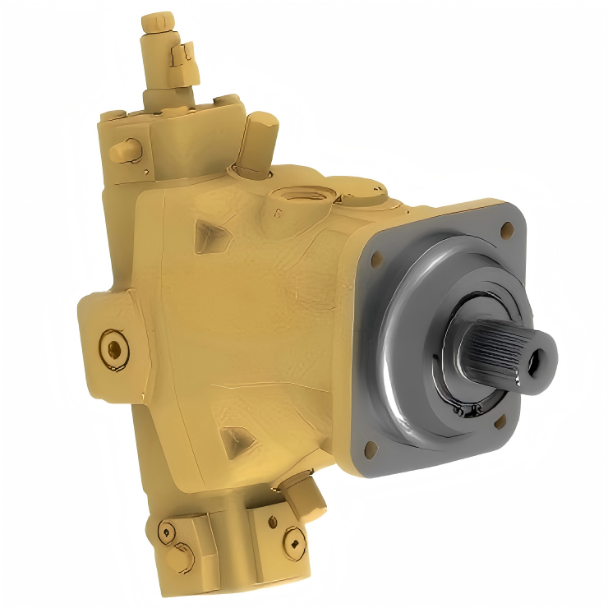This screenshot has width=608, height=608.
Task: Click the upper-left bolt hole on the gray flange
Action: pyautogui.click(x=377, y=260)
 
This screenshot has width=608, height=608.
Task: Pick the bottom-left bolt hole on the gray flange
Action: pyautogui.click(x=368, y=447)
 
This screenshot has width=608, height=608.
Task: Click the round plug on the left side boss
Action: pyautogui.click(x=113, y=349)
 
